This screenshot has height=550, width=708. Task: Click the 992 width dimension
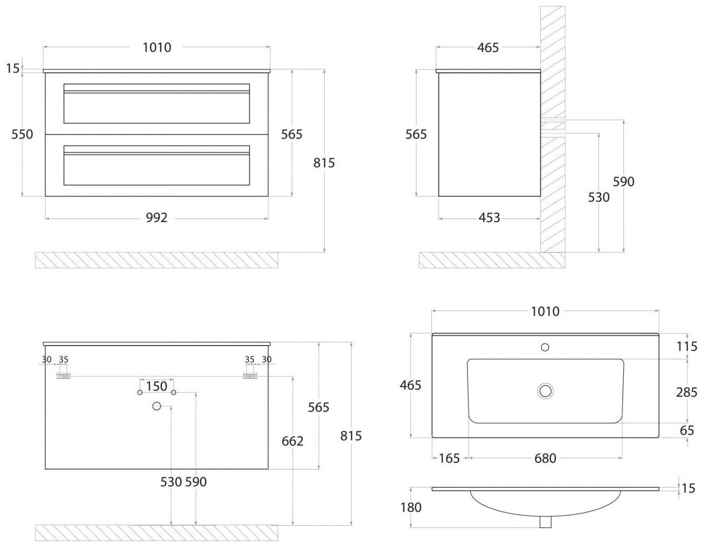156,218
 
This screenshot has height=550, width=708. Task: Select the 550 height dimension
22,134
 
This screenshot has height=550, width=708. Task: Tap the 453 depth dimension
489,218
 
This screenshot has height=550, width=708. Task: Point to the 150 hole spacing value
156,386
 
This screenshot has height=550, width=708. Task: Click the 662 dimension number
293,441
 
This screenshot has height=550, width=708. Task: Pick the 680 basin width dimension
545,458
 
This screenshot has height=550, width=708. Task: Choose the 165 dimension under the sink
449,458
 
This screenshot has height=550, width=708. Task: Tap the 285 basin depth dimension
686,392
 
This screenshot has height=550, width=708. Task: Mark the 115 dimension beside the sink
686,346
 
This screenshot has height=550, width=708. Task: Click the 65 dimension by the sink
686,430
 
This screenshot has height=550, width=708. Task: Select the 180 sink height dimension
411,507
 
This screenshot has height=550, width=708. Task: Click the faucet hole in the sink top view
545,347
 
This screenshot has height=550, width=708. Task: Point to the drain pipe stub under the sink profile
545,522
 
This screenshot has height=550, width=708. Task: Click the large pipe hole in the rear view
157,406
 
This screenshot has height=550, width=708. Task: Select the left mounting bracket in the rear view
64,376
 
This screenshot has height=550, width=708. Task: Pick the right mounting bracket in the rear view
250,376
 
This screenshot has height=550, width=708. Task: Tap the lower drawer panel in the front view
156,165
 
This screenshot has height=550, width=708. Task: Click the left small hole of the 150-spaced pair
140,393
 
